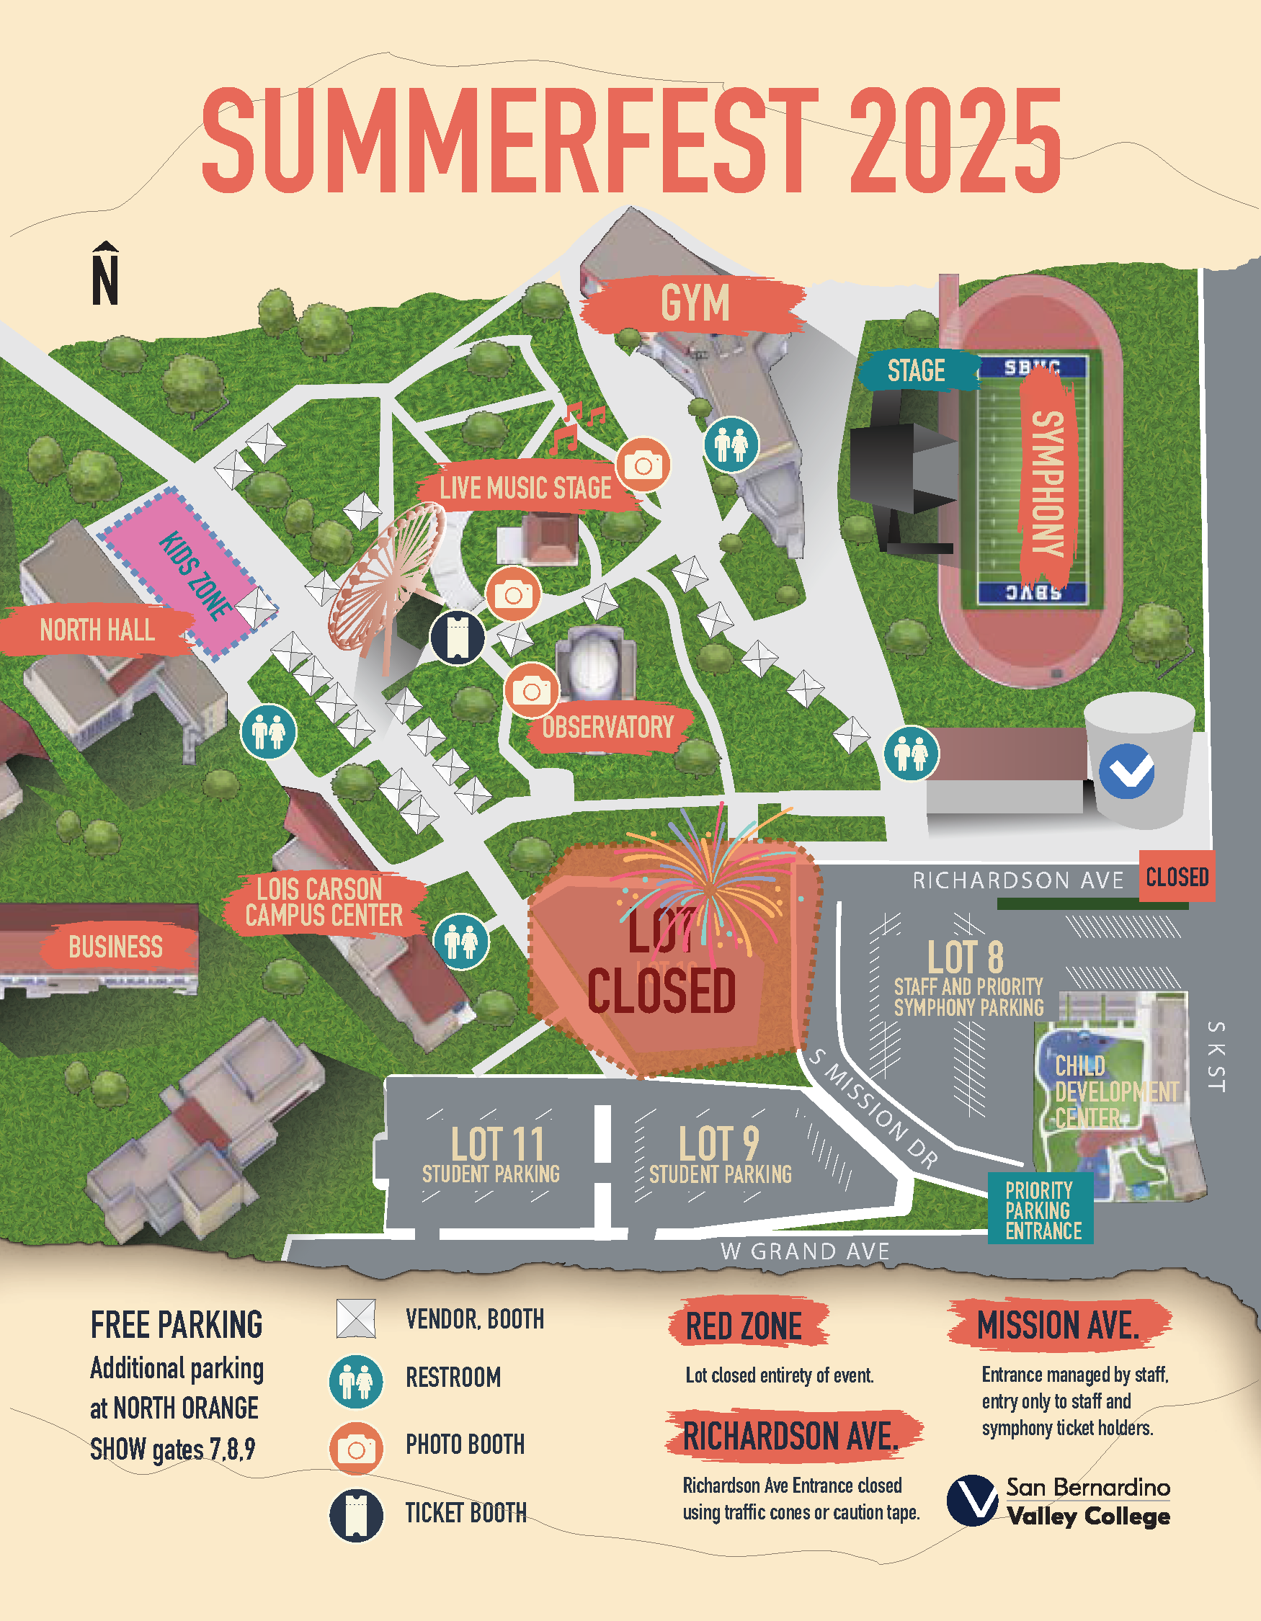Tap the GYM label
(x=694, y=303)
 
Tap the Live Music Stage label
(x=525, y=488)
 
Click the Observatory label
(x=607, y=728)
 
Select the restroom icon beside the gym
(x=731, y=444)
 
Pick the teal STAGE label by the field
(x=916, y=370)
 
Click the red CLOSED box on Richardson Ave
(x=1177, y=877)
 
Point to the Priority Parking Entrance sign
(x=1041, y=1210)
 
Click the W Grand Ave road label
(x=805, y=1251)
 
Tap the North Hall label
(x=97, y=630)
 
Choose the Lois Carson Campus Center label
(x=324, y=902)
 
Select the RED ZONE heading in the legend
(x=744, y=1326)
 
